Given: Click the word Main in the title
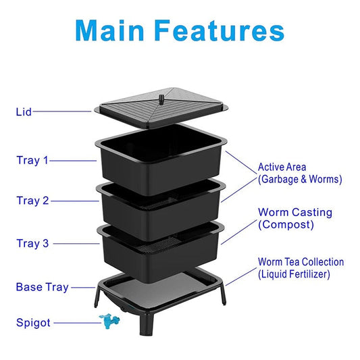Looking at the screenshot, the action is click(x=109, y=30).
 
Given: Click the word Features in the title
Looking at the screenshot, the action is click(x=220, y=30).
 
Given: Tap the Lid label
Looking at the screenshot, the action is click(x=24, y=112).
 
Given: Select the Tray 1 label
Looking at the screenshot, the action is click(x=32, y=160).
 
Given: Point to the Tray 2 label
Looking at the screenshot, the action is click(x=32, y=201).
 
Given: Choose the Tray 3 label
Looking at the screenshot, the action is click(x=32, y=243).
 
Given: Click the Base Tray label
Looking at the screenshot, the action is click(x=43, y=287).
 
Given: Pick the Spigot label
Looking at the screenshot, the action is click(x=33, y=323).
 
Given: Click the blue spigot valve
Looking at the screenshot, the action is click(x=109, y=321).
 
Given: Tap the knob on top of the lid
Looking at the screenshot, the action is click(x=161, y=99).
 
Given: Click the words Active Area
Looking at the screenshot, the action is click(x=282, y=167).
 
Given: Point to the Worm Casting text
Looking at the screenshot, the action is click(x=295, y=212).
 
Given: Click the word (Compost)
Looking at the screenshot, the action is click(x=286, y=224).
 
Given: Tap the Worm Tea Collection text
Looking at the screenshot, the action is click(x=301, y=262).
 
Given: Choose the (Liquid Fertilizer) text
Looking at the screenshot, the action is click(x=294, y=274).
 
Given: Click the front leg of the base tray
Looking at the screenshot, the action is click(x=146, y=323).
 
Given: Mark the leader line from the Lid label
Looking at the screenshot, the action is click(x=62, y=111).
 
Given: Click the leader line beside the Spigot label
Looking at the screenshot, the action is click(x=77, y=323).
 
